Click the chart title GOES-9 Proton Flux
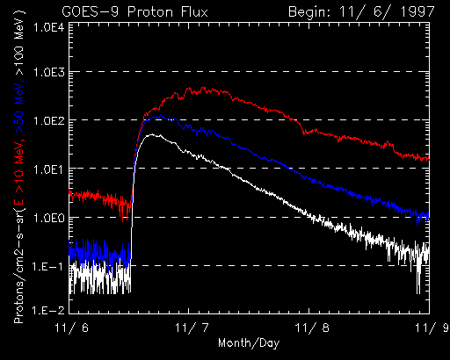pos(135,12)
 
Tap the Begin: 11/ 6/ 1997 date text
pos(361,12)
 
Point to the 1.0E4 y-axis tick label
pos(49,28)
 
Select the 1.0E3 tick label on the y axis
pos(49,72)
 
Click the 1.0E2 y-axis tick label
pos(49,120)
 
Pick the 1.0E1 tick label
pos(49,169)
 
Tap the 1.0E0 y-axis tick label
pos(49,218)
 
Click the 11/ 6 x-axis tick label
pos(72,328)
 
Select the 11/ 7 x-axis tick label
pos(192,328)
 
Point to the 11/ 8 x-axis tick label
pos(312,328)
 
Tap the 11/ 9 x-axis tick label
pos(432,328)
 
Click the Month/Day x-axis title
pos(249,342)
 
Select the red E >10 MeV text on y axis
pos(18,173)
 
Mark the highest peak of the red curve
pos(203,87)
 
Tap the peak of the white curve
pos(152,134)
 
